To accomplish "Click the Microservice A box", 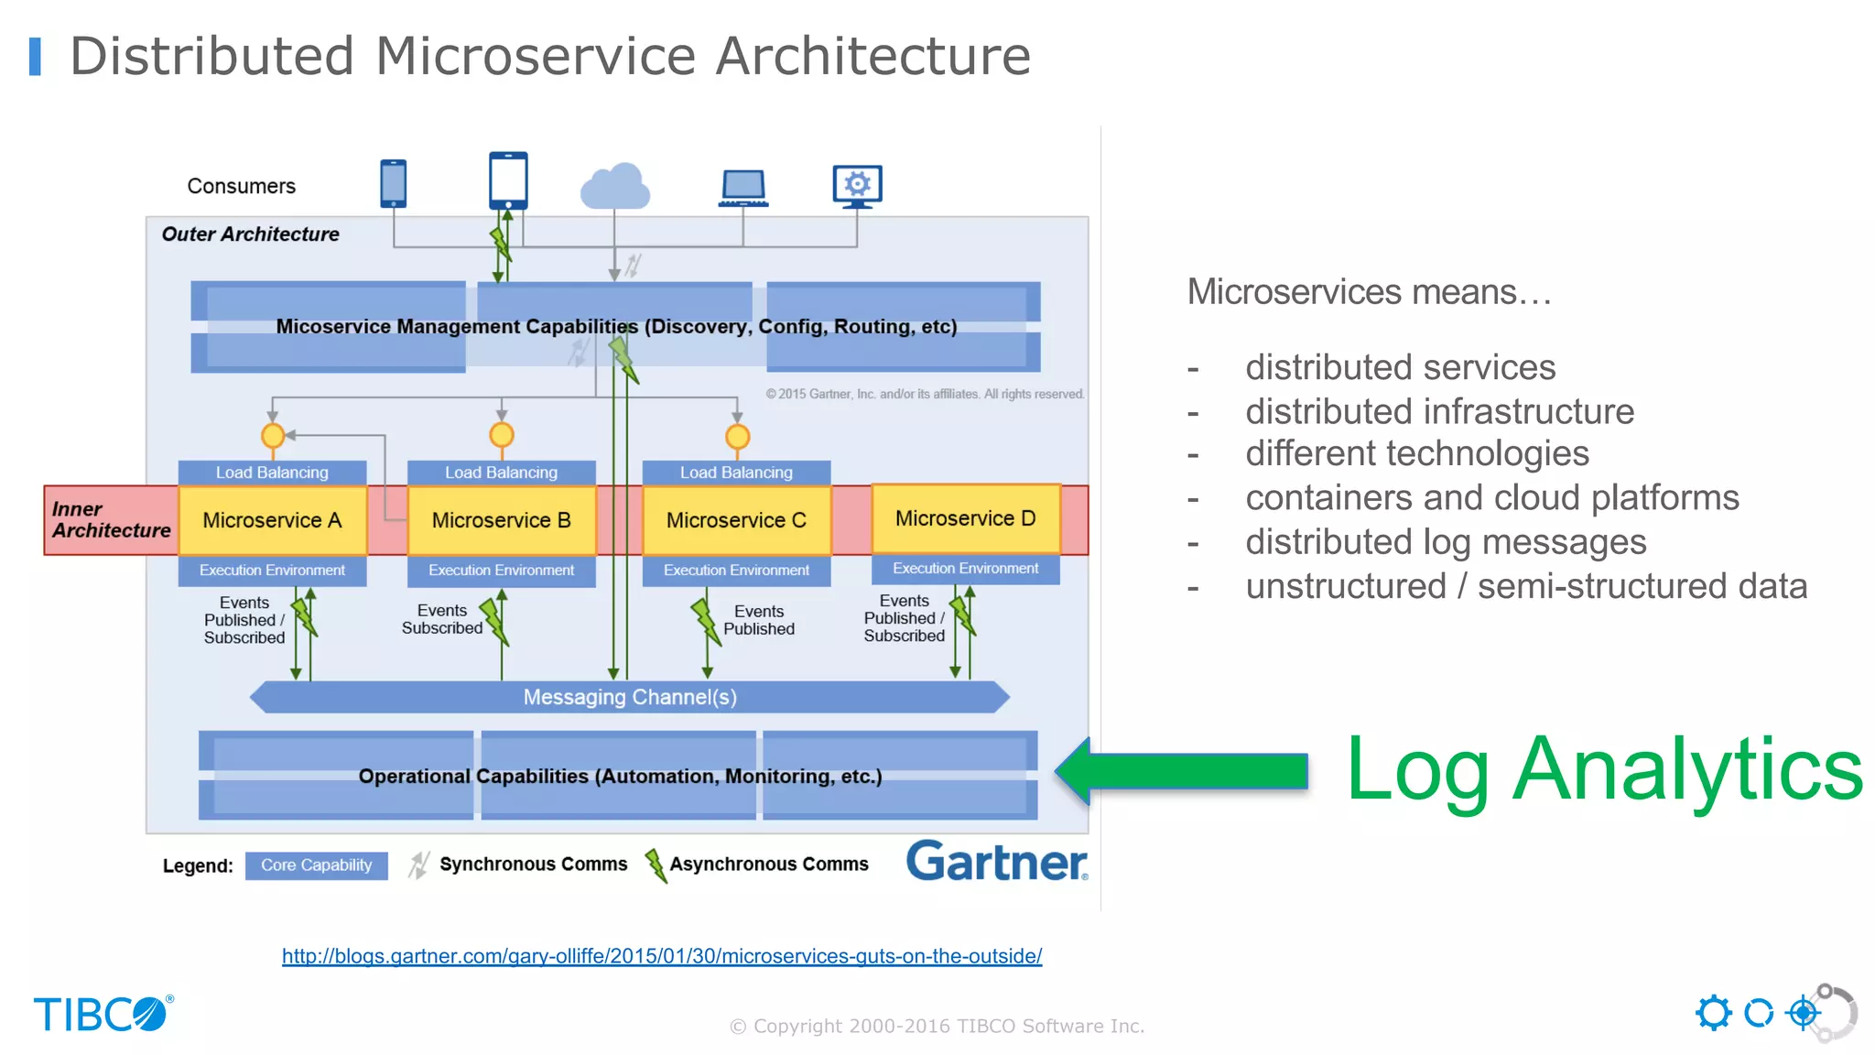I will (x=272, y=520).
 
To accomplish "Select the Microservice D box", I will (x=965, y=518).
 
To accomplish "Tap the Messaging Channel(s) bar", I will (x=630, y=697).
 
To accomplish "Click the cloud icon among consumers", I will (x=615, y=186).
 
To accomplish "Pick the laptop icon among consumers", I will (x=742, y=188).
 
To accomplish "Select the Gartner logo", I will (x=996, y=862).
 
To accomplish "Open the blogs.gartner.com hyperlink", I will (x=661, y=956).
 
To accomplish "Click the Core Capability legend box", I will (x=316, y=865).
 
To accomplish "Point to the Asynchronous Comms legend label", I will (x=768, y=864).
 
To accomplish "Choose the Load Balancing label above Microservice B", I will (x=501, y=473).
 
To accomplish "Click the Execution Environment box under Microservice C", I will (x=736, y=570).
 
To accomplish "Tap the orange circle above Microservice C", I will (x=737, y=437).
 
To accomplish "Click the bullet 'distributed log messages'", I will (x=1445, y=542).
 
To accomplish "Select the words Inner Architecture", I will (x=110, y=519).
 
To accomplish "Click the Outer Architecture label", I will (x=250, y=234).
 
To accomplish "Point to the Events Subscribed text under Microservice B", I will (x=441, y=619).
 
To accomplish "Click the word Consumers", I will (x=241, y=186).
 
